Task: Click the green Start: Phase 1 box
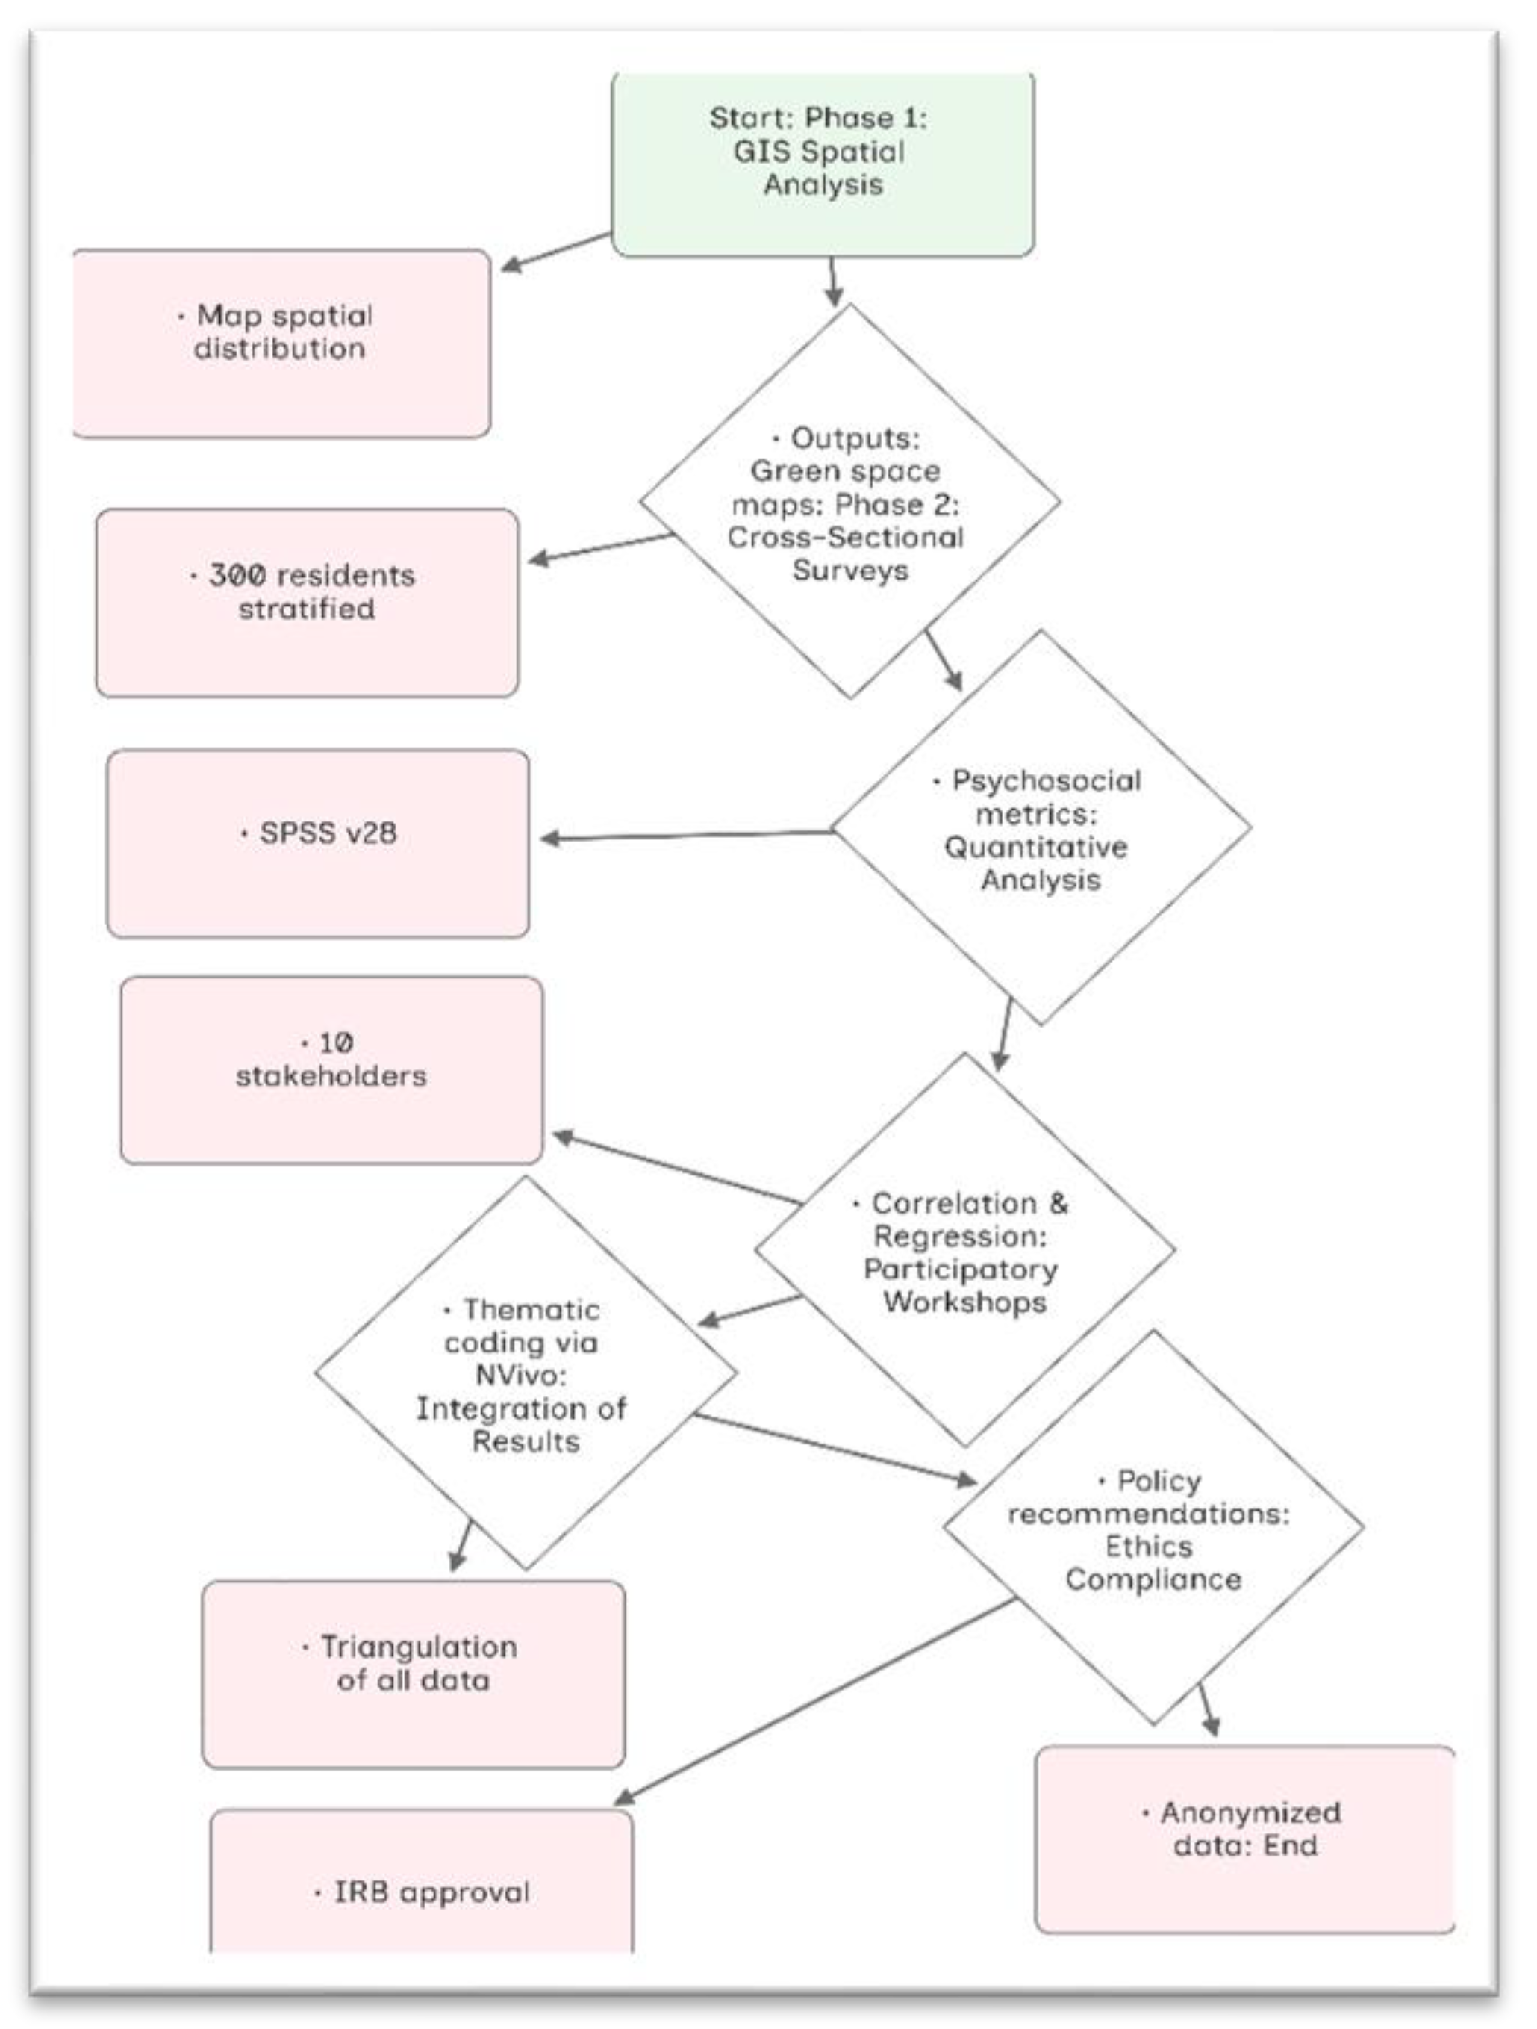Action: [x=823, y=165]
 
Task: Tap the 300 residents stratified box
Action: [x=308, y=603]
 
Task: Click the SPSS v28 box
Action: [x=317, y=843]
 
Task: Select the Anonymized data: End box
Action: [x=1244, y=1839]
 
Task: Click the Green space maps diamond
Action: [x=849, y=503]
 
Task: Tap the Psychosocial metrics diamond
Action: [x=1040, y=828]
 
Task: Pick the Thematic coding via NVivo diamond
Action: [x=525, y=1373]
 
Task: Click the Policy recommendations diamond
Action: [x=1152, y=1527]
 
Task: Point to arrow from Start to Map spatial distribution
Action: [x=555, y=252]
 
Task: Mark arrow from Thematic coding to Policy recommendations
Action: [x=835, y=1448]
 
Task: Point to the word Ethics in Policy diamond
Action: [x=1147, y=1547]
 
